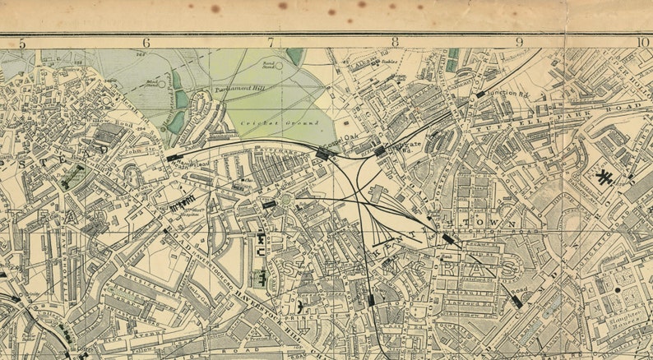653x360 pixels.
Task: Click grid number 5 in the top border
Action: tap(22, 43)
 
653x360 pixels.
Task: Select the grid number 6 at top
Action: tap(147, 43)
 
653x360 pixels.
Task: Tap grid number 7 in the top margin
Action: tap(271, 43)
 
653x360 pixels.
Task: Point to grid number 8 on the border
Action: tap(395, 43)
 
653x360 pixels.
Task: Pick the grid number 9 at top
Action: tap(519, 43)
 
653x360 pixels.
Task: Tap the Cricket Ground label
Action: tap(267, 123)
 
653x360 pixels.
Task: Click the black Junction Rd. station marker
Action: tap(479, 95)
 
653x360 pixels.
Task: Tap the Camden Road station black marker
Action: tap(516, 302)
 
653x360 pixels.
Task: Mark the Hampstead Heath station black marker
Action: tap(174, 156)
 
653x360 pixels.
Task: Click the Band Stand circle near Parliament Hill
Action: tap(279, 66)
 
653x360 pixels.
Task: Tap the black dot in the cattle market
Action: tap(617, 289)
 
